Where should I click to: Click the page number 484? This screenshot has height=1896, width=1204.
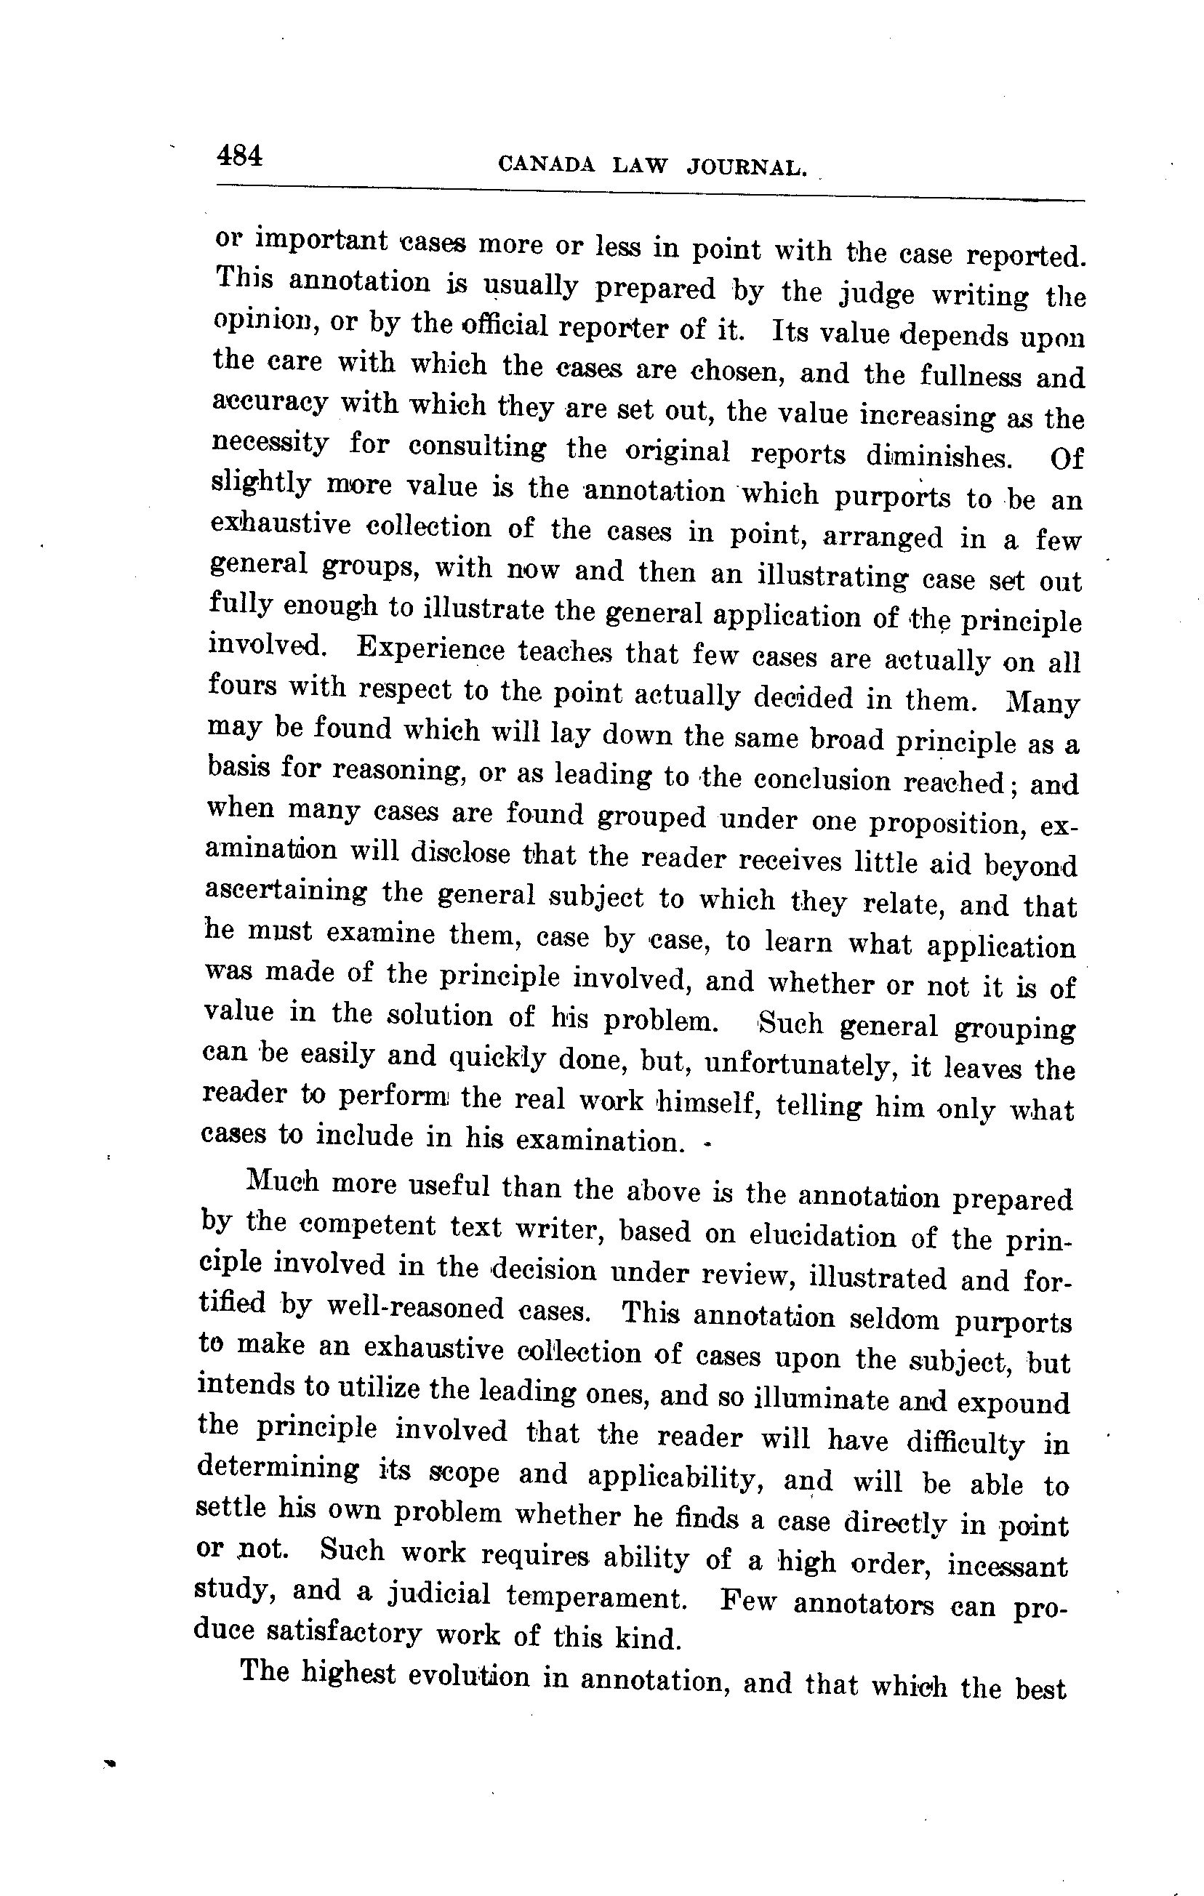(x=239, y=155)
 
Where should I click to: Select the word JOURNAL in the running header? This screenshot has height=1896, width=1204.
(x=747, y=167)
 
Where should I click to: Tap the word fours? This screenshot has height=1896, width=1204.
(x=243, y=686)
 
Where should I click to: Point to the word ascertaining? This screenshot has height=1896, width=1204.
(x=285, y=891)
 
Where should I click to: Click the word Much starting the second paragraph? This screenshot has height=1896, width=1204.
(x=282, y=1183)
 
